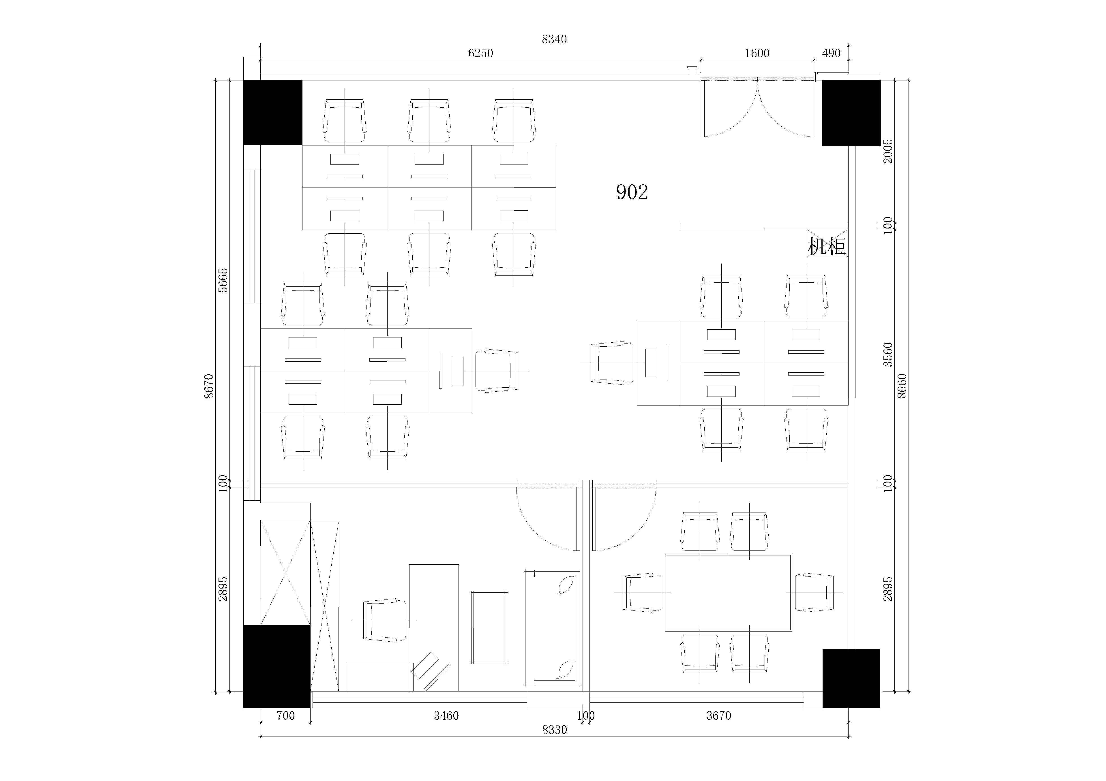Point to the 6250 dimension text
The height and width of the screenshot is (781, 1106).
[480, 53]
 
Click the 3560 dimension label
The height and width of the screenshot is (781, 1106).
[888, 355]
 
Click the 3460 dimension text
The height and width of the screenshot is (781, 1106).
[446, 715]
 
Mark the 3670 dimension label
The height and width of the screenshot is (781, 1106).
[719, 715]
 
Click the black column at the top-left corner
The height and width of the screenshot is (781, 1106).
[273, 113]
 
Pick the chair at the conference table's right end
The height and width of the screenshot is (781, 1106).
[814, 592]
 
